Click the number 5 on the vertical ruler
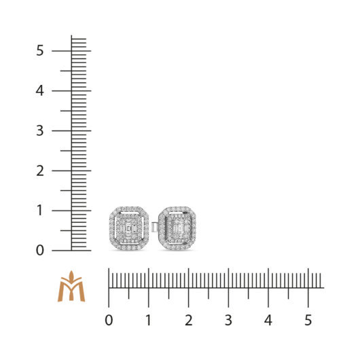(39, 50)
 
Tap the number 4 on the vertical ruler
(39, 91)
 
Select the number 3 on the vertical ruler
(39, 130)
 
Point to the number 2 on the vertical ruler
(40, 170)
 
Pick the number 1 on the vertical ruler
(39, 211)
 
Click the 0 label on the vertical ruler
(39, 250)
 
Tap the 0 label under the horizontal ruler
(109, 320)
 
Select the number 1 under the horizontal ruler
(149, 320)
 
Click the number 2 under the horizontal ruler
(189, 320)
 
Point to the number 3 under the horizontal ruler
(228, 320)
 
